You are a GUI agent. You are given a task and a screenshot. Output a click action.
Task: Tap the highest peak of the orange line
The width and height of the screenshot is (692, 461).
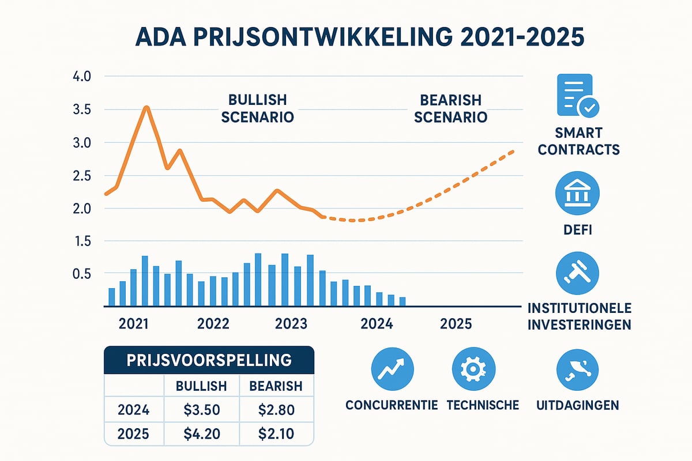146,107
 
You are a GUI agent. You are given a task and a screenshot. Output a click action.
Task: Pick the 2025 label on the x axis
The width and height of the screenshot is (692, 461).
456,324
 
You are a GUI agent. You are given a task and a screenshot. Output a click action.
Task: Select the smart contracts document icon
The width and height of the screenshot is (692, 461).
577,95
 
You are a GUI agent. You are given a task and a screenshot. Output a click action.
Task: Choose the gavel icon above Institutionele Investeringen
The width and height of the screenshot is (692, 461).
577,274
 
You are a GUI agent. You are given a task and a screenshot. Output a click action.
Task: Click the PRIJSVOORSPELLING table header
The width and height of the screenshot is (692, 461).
209,361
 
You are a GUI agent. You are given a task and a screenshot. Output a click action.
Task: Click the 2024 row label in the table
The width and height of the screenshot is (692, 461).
133,410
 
